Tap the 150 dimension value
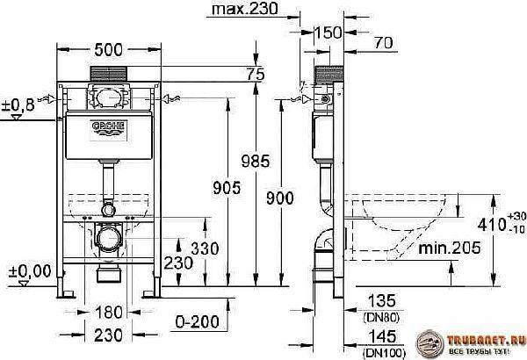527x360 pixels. click(x=328, y=32)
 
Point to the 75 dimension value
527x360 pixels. click(x=256, y=76)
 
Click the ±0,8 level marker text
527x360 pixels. click(x=18, y=105)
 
